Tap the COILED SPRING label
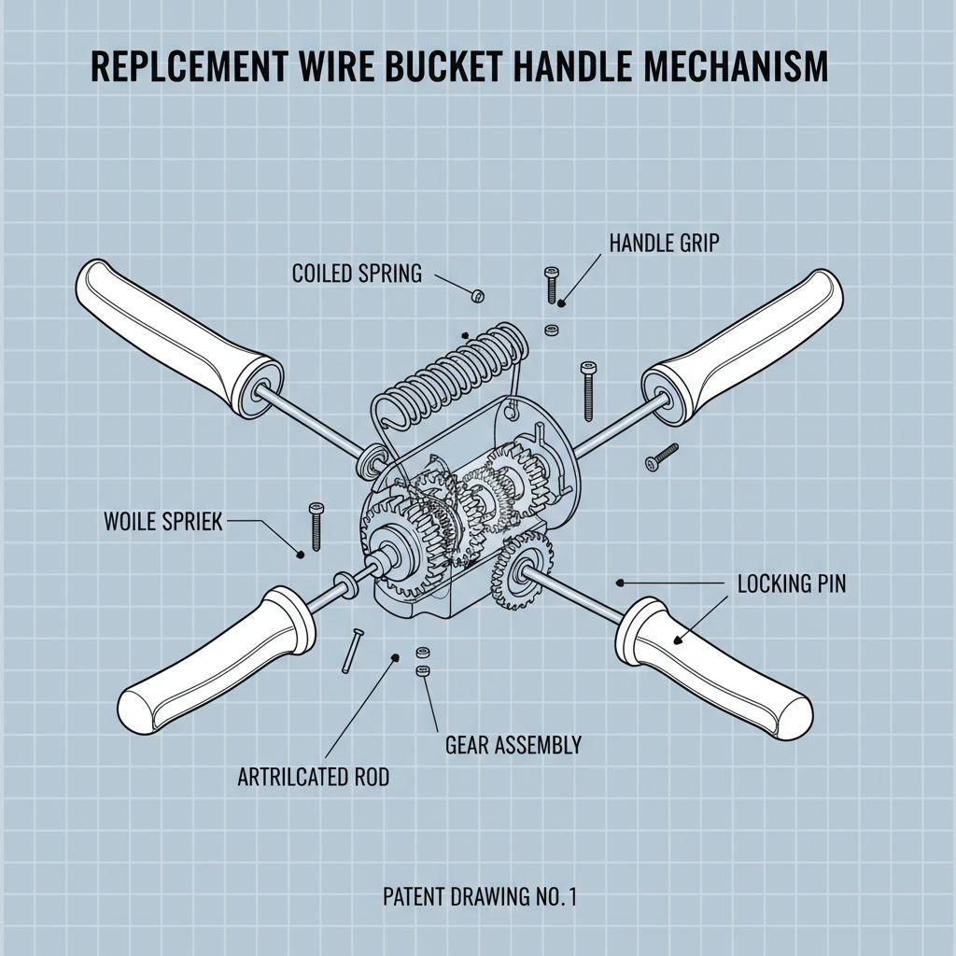(357, 274)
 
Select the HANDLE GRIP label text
(664, 244)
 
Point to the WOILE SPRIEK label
(163, 521)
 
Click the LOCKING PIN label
(792, 584)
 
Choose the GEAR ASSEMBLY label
(513, 745)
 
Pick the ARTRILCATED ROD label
(314, 775)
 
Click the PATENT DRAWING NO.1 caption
(480, 897)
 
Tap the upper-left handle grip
(168, 327)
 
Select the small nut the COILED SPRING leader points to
(477, 296)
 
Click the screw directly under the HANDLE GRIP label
(550, 283)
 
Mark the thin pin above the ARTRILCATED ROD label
(351, 651)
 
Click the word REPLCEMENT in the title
(187, 70)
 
